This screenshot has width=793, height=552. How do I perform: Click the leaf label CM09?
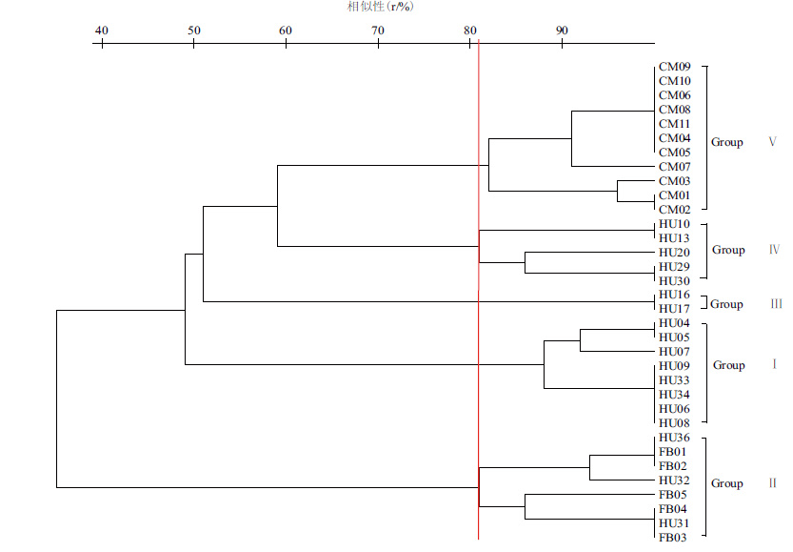[x=674, y=67]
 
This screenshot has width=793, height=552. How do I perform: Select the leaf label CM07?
[x=674, y=167]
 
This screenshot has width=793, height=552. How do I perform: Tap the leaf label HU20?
[x=674, y=253]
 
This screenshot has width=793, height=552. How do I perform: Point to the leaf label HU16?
[x=674, y=296]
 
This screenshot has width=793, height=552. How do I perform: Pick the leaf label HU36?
[x=674, y=438]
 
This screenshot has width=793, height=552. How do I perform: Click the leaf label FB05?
[x=673, y=495]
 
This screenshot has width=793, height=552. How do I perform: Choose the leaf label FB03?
[x=673, y=538]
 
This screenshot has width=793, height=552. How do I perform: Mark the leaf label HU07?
[x=674, y=353]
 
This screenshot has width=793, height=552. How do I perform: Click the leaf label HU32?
[x=674, y=480]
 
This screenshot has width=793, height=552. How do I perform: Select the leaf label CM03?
[x=674, y=181]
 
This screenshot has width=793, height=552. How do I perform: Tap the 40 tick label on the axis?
[x=102, y=30]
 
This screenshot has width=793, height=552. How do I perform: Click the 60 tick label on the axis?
[x=286, y=30]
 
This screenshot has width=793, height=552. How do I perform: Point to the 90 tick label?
[x=562, y=30]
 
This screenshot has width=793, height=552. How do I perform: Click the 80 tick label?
[x=470, y=30]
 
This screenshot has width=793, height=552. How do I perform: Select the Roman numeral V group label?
[x=772, y=142]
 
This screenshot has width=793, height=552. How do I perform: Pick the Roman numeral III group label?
[x=776, y=304]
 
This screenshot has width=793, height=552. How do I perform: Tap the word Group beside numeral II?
[x=727, y=483]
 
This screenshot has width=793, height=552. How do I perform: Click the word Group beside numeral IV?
[x=728, y=250]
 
